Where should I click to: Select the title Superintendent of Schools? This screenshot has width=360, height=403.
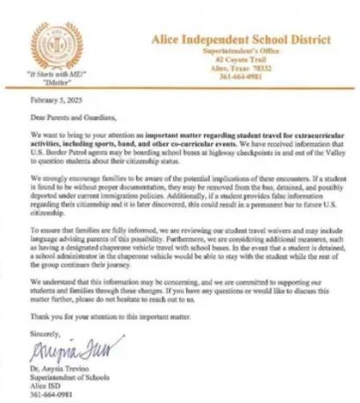[74, 376]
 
